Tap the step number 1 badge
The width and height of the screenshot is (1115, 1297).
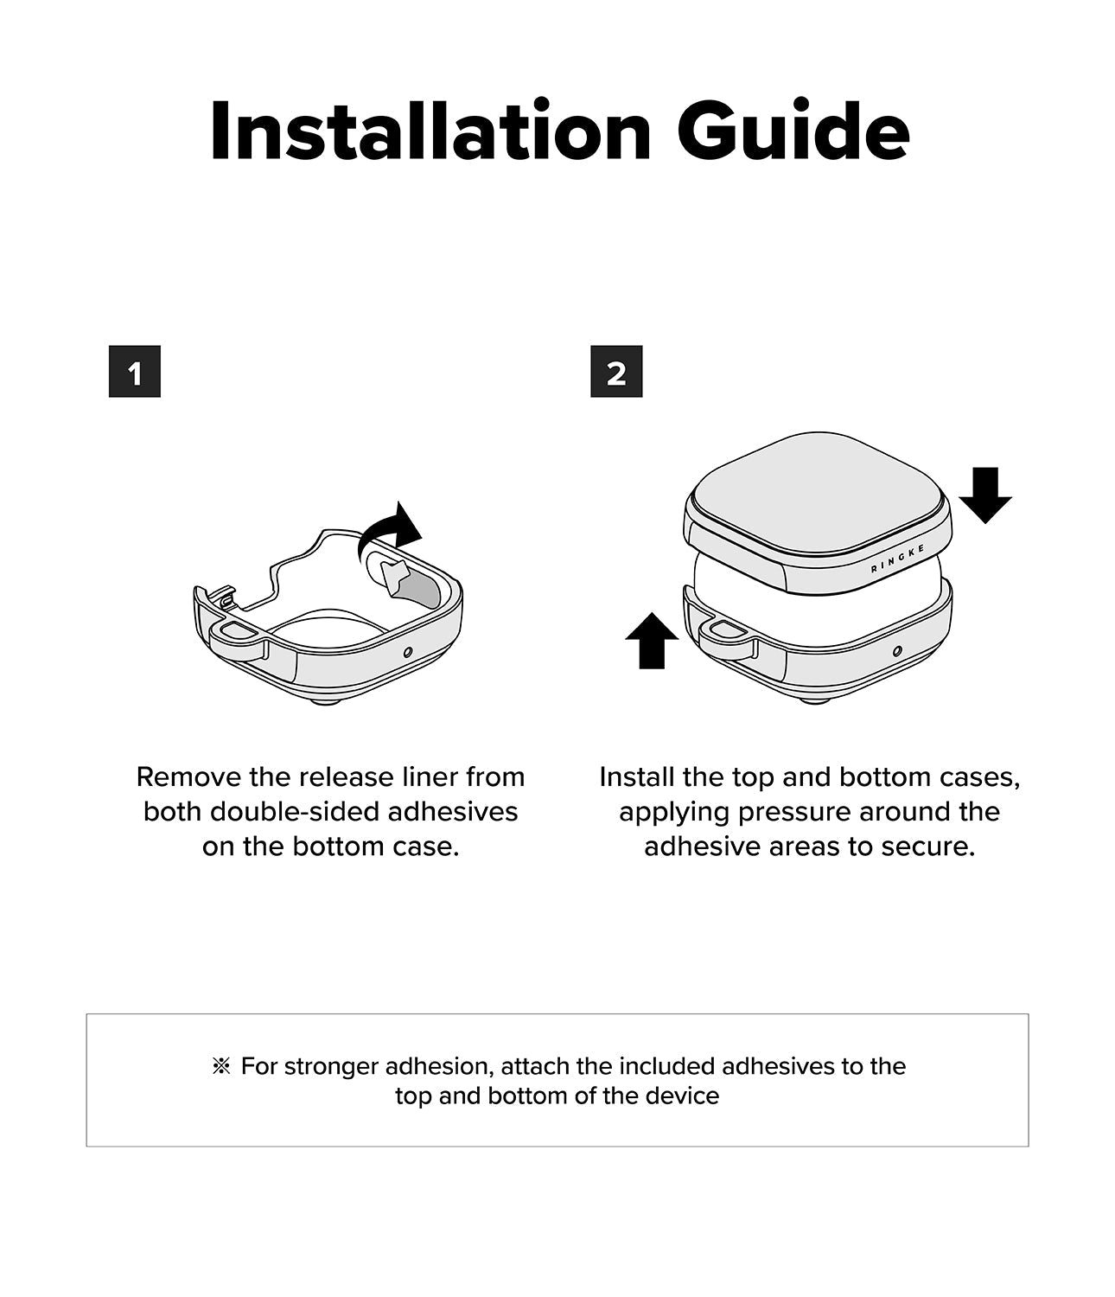135,371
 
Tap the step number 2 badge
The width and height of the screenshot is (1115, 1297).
616,371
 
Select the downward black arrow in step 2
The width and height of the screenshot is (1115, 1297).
985,495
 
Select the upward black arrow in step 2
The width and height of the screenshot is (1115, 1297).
653,640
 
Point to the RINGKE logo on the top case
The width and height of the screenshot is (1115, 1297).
897,559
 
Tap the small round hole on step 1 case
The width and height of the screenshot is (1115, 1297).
408,652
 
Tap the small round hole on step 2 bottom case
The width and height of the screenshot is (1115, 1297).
897,651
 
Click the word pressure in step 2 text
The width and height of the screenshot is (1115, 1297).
794,813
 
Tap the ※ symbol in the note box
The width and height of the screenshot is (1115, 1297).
221,1066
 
